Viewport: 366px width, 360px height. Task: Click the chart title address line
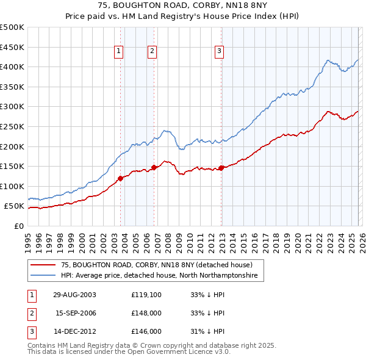click(x=182, y=7)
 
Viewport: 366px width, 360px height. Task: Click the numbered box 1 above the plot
click(x=118, y=52)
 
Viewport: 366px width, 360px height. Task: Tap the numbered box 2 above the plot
click(x=152, y=52)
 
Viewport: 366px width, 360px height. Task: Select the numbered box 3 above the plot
click(x=219, y=52)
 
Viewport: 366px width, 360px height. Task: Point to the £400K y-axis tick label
click(x=12, y=67)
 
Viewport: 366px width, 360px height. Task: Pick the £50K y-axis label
click(x=15, y=206)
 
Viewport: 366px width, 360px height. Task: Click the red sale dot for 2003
click(x=120, y=178)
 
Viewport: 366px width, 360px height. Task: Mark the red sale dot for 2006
click(x=154, y=167)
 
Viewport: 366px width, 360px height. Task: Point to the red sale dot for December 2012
click(x=221, y=168)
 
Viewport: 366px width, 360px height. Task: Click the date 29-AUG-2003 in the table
click(x=74, y=295)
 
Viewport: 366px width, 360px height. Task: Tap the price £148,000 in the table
click(x=146, y=313)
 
